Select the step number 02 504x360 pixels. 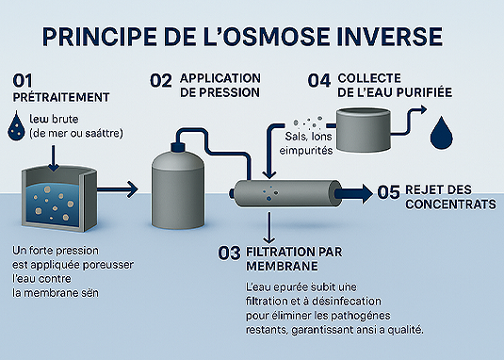click(161, 80)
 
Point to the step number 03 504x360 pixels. click(230, 252)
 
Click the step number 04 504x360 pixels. click(318, 80)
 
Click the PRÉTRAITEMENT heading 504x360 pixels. click(61, 97)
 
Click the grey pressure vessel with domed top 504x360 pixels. click(180, 188)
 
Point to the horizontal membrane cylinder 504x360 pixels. click(288, 192)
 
